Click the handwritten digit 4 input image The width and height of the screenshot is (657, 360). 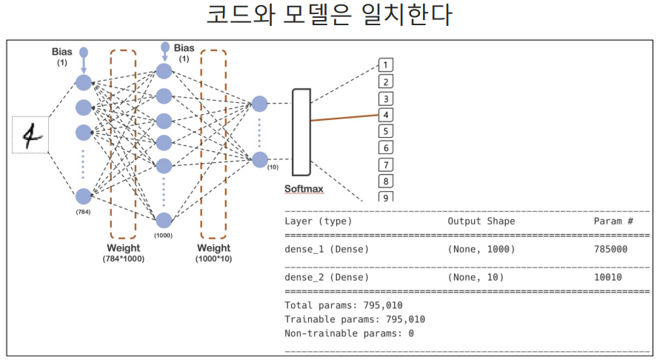pos(30,135)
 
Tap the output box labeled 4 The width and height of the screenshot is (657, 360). pos(385,115)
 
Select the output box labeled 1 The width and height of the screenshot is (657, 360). pos(385,65)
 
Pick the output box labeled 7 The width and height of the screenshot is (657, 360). pos(385,164)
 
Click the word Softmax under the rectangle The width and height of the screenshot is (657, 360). pos(304,189)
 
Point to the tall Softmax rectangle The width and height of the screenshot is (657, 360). pos(301,131)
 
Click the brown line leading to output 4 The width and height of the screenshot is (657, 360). pos(344,117)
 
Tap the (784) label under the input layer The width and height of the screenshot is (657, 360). pos(82,212)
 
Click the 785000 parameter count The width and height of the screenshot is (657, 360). pos(610,249)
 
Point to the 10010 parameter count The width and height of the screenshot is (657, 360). pos(607,277)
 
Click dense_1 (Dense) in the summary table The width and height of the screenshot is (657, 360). pos(326,249)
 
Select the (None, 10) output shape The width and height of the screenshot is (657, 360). pos(476,277)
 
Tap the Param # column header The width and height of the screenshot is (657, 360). pos(613,221)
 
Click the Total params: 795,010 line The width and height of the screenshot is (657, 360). pos(343,304)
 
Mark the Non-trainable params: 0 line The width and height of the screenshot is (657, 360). pos(348,333)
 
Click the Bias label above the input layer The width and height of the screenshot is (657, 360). pos(62,52)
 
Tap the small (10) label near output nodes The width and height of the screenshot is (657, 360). pos(273,168)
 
